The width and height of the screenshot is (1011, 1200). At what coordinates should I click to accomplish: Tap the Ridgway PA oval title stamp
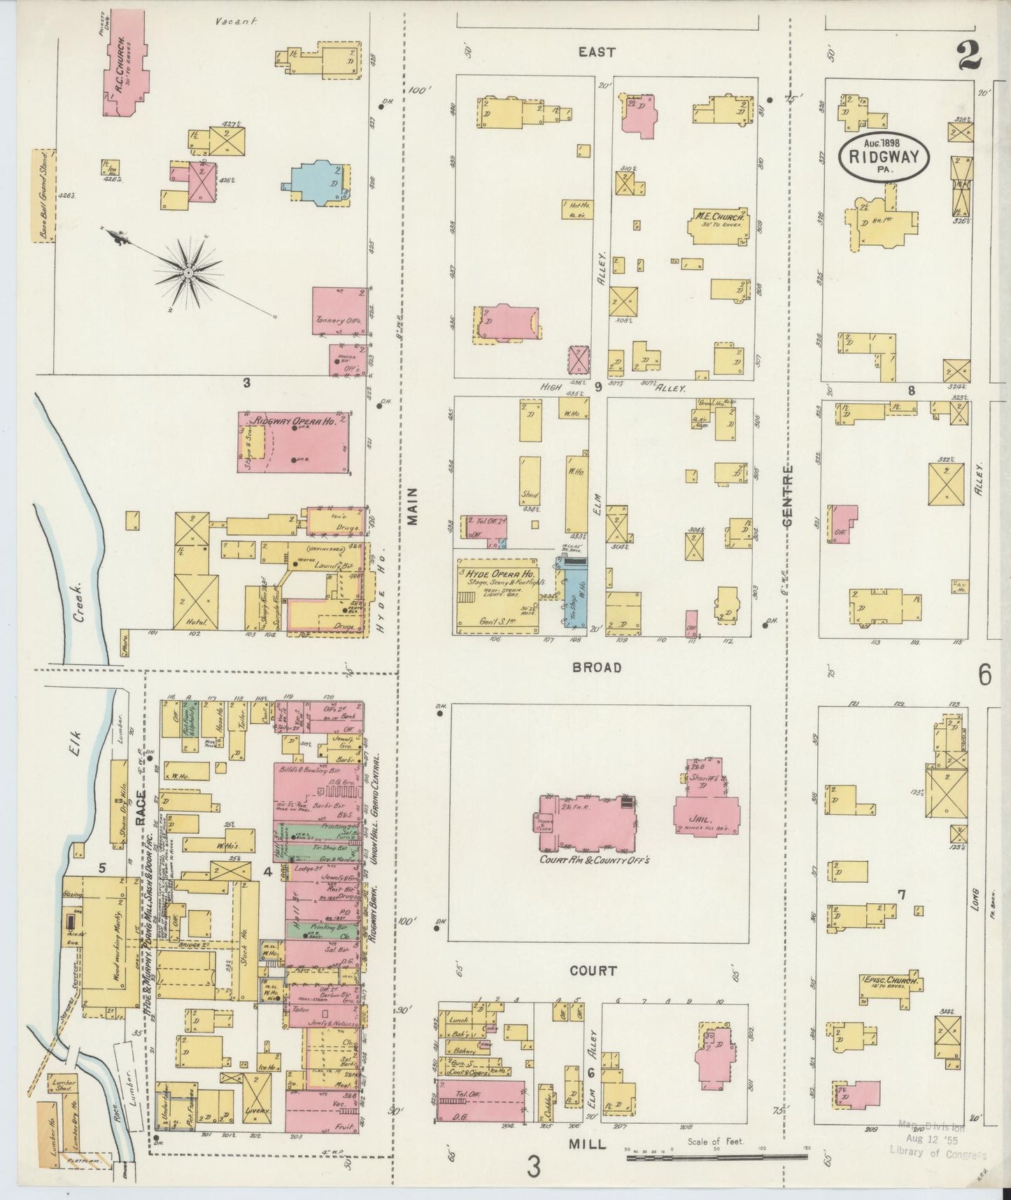[884, 157]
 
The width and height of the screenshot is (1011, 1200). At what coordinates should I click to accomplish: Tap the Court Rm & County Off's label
[594, 859]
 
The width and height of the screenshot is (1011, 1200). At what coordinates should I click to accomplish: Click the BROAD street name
[597, 667]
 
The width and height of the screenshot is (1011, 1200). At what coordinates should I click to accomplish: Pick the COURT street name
[593, 970]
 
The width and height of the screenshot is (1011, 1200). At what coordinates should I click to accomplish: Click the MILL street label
[588, 1143]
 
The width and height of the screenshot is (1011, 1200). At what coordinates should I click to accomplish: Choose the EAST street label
[597, 52]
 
